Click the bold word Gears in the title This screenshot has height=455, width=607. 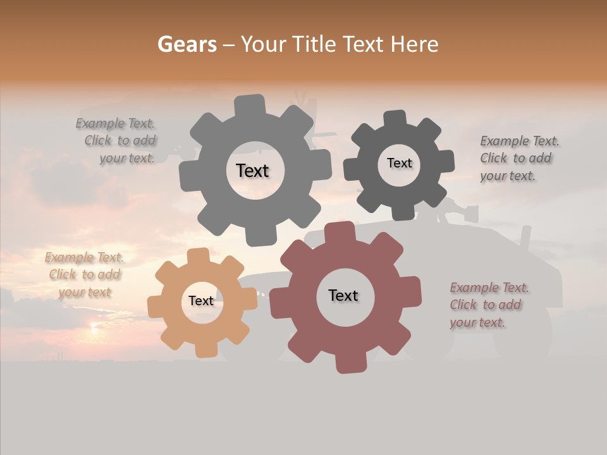click(187, 44)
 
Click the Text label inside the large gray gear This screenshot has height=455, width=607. click(252, 171)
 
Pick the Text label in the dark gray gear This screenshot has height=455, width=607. click(399, 163)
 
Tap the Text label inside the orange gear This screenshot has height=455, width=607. click(201, 301)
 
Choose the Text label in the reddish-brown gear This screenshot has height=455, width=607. click(343, 295)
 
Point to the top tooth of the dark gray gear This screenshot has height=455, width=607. click(395, 119)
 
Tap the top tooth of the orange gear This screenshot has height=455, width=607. click(199, 255)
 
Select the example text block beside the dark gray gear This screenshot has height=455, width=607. click(518, 159)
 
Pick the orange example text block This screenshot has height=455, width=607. click(84, 275)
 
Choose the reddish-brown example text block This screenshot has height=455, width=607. click(489, 305)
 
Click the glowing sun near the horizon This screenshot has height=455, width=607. click(94, 327)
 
